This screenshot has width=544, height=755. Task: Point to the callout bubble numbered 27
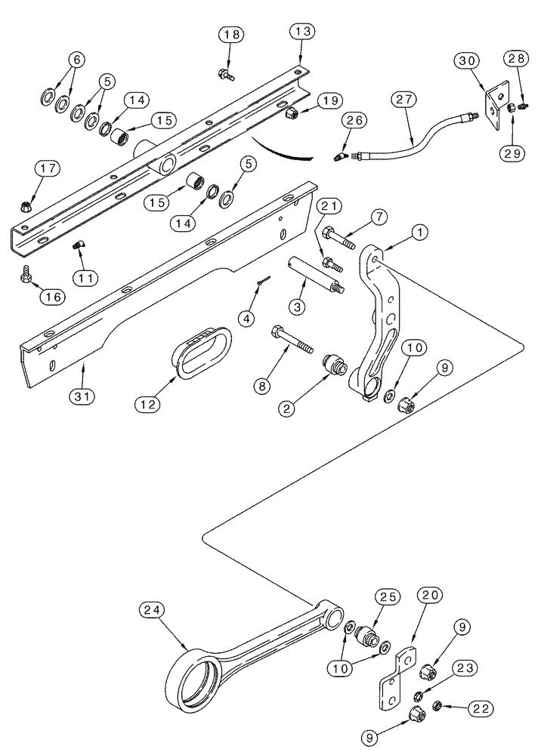click(x=403, y=99)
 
